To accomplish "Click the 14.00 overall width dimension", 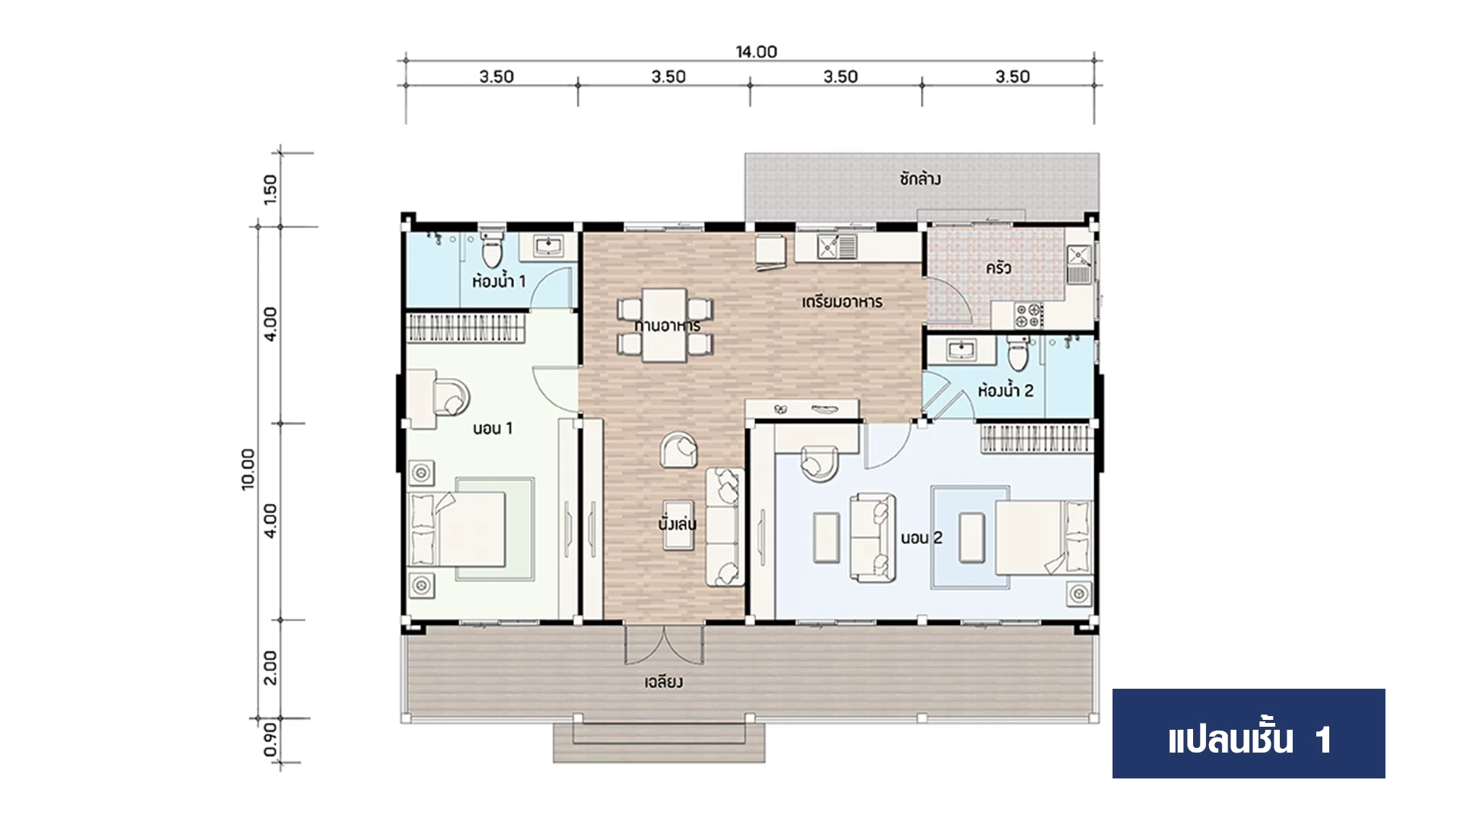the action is pos(756,52).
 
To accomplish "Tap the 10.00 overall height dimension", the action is pos(249,469).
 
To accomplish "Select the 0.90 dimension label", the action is pos(270,739).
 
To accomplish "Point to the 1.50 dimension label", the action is pos(270,189).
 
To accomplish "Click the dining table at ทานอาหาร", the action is pos(665,325).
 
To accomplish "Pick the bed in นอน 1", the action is pos(458,529).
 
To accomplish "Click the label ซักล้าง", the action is pos(920,179).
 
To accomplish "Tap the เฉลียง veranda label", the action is pos(664,682).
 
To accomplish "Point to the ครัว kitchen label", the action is pos(998,268).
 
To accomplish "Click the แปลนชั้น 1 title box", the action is pos(1249,734).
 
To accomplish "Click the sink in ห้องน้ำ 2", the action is pos(961,350).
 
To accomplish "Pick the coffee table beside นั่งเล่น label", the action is pos(678,525).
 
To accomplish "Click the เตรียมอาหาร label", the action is pos(843,302).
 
